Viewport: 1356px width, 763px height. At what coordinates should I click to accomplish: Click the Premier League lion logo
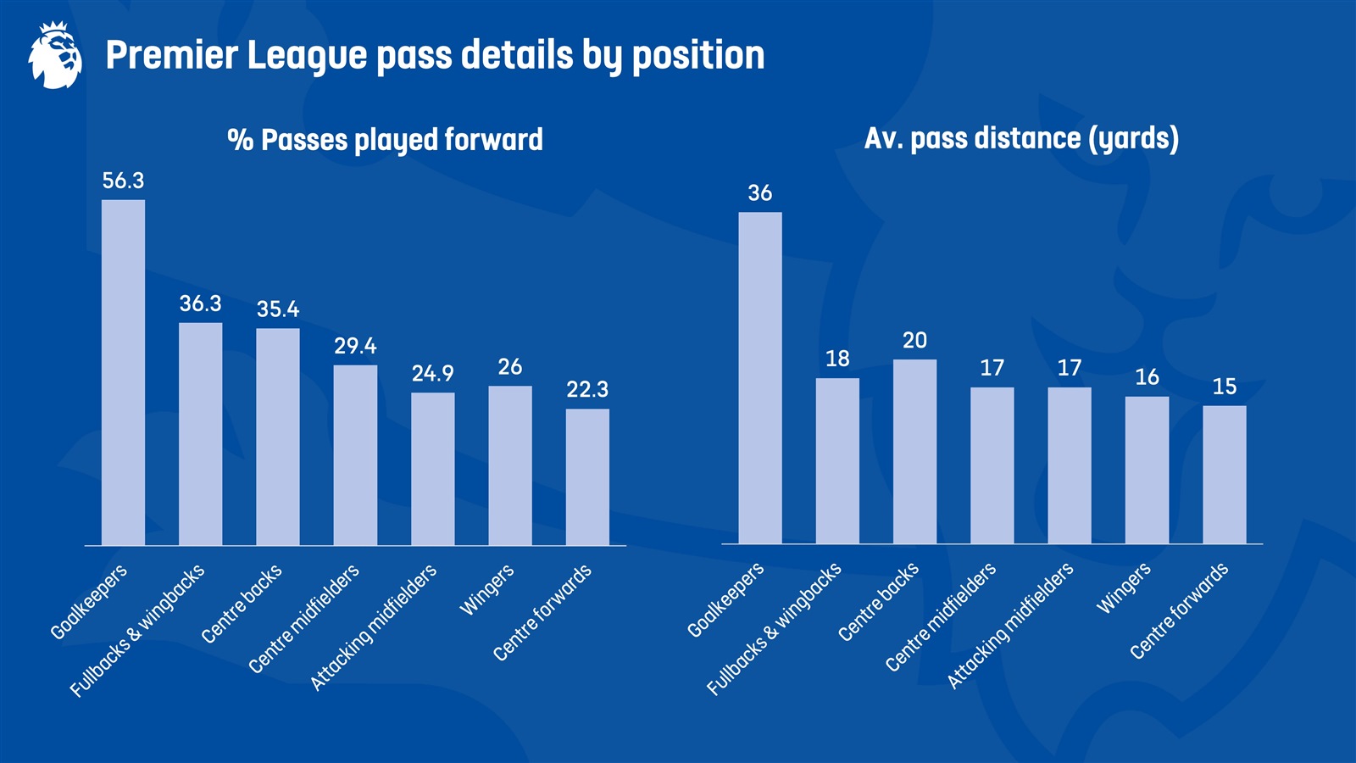pos(55,56)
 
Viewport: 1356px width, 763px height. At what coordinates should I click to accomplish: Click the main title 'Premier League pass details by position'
pos(435,56)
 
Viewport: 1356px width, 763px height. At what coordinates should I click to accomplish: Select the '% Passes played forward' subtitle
pos(385,140)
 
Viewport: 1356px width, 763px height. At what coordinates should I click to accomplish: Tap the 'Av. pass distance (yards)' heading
pos(1021,138)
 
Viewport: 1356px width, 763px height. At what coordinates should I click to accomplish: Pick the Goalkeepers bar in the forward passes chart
pos(123,373)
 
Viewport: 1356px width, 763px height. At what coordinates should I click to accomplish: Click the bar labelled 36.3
pos(200,434)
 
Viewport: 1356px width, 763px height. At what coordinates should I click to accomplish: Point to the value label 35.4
pos(278,309)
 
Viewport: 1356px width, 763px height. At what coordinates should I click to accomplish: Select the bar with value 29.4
pos(355,455)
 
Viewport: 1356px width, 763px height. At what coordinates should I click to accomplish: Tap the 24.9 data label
pos(432,374)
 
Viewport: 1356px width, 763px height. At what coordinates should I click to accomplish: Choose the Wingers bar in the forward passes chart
pos(509,465)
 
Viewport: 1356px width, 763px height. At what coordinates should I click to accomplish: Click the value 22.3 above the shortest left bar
pos(587,389)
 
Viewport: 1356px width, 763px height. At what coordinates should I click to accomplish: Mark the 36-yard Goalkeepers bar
pos(760,378)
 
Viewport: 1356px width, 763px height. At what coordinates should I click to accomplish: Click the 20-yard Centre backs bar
pos(914,452)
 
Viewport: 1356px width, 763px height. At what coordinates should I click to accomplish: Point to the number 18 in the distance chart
pos(837,359)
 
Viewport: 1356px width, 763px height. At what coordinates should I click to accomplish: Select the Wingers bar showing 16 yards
pos(1147,471)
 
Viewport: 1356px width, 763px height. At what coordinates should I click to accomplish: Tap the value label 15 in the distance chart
pos(1224,387)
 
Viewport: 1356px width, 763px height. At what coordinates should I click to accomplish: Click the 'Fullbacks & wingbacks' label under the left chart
pos(137,631)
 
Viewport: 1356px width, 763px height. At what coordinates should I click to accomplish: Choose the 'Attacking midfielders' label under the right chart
pos(1010,625)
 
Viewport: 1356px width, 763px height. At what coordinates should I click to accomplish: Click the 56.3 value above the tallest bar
pos(123,181)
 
